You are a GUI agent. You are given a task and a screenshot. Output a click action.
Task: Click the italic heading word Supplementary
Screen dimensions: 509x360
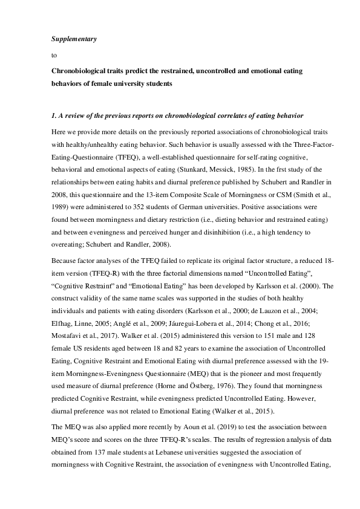point(71,39)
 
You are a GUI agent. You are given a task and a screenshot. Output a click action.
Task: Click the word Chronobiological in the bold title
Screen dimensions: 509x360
point(81,71)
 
